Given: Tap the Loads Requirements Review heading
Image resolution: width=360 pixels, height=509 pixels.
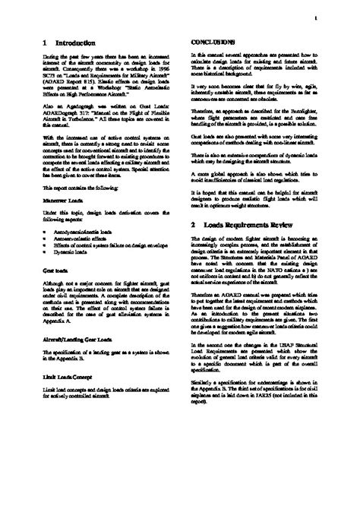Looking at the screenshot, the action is point(258,226).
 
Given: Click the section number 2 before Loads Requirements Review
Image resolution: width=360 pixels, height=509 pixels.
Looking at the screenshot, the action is point(194,226).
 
